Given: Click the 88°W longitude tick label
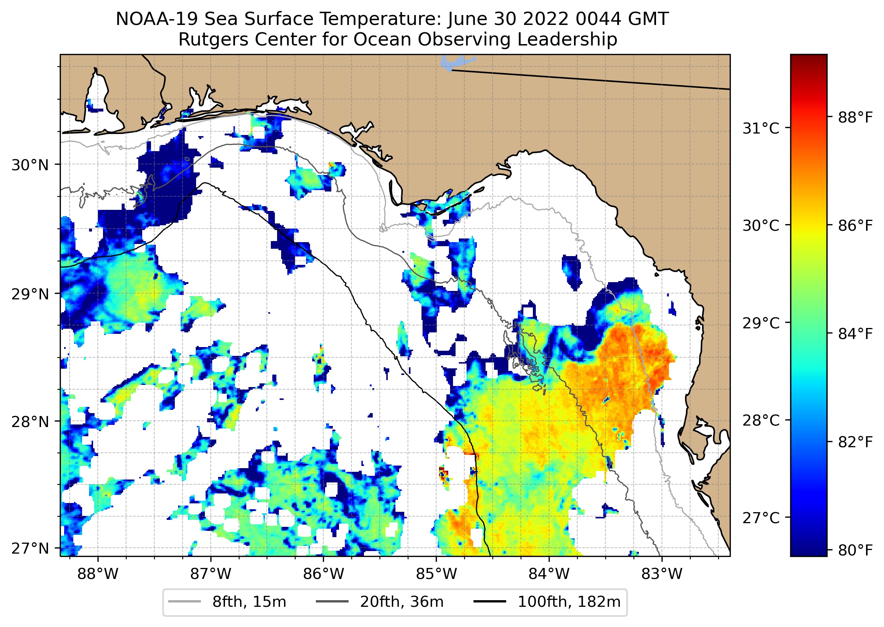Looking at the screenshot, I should click(x=97, y=574).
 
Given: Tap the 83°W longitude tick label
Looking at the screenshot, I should click(x=662, y=574).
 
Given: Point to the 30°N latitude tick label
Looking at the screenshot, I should click(x=30, y=165).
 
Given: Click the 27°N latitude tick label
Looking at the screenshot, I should click(x=30, y=548).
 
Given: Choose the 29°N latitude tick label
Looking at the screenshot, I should click(x=30, y=294).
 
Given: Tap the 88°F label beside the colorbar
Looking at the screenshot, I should click(x=855, y=117).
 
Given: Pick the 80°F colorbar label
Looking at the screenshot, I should click(x=855, y=550).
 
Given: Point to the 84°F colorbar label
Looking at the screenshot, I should click(x=855, y=334).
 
